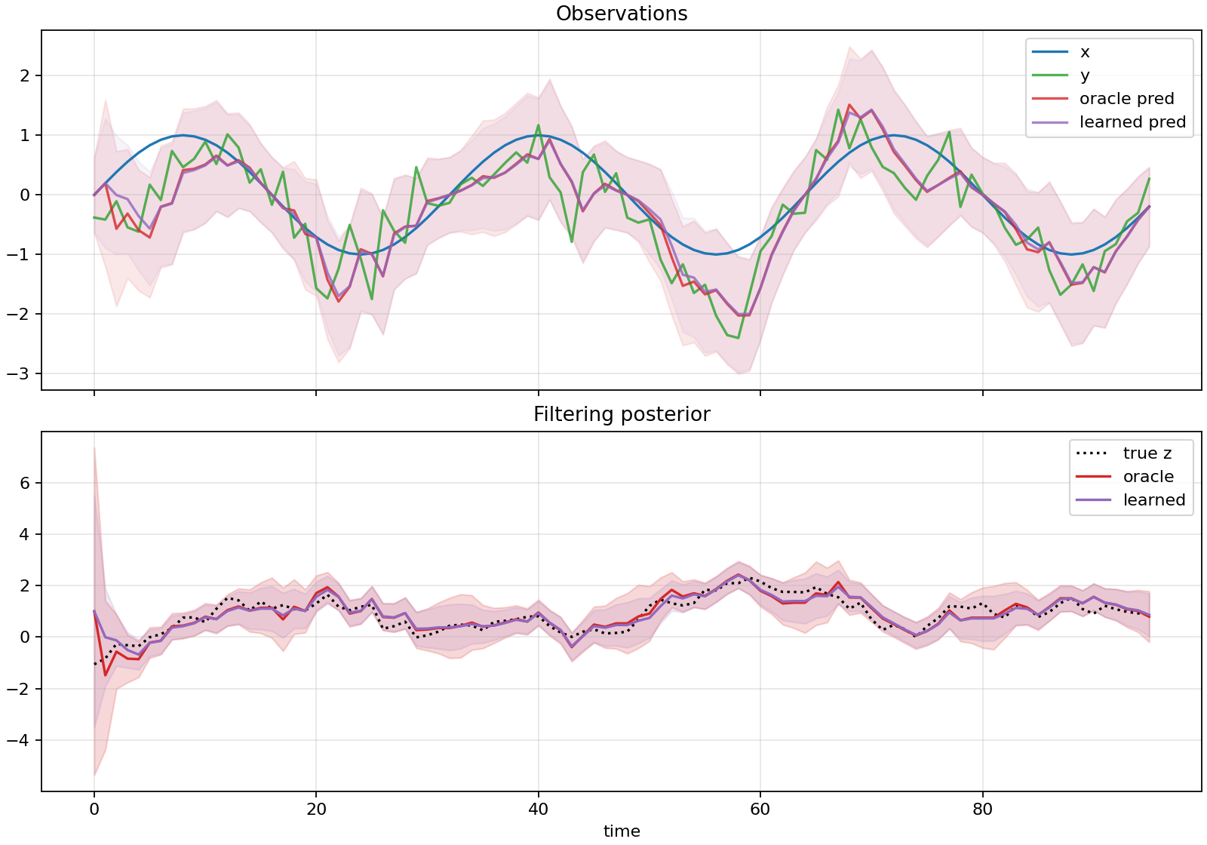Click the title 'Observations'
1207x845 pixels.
pyautogui.click(x=622, y=14)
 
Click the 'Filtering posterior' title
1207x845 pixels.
pyautogui.click(x=622, y=414)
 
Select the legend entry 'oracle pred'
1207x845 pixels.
pyautogui.click(x=1126, y=99)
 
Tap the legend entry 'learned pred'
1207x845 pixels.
pyautogui.click(x=1132, y=122)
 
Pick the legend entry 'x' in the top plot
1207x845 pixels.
pyautogui.click(x=1085, y=52)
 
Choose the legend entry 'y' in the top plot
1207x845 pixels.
pyautogui.click(x=1085, y=75)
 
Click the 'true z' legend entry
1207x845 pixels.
pyautogui.click(x=1147, y=453)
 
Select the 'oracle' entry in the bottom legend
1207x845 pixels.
pyautogui.click(x=1148, y=477)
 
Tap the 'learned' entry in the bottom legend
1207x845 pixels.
pyautogui.click(x=1153, y=500)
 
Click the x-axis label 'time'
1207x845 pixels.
pyautogui.click(x=622, y=831)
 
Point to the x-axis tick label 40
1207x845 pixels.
pyautogui.click(x=538, y=810)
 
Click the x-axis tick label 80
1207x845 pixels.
pyautogui.click(x=982, y=810)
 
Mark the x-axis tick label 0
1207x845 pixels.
pyautogui.click(x=94, y=810)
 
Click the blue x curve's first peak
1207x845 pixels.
pyautogui.click(x=183, y=136)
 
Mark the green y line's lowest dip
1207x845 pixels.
pyautogui.click(x=738, y=338)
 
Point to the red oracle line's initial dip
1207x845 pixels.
pyautogui.click(x=105, y=675)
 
